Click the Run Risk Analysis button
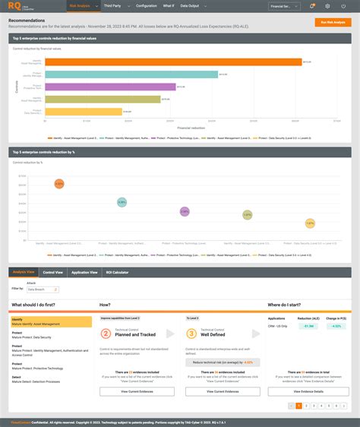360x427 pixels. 333,23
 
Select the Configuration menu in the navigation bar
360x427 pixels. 146,5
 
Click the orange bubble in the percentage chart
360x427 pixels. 59,184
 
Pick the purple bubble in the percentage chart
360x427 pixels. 184,211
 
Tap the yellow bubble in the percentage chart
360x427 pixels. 310,223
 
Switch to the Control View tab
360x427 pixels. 53,271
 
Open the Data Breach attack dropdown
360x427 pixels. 37,289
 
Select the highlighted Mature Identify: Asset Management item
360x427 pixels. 51,322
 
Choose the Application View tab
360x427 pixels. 85,271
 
